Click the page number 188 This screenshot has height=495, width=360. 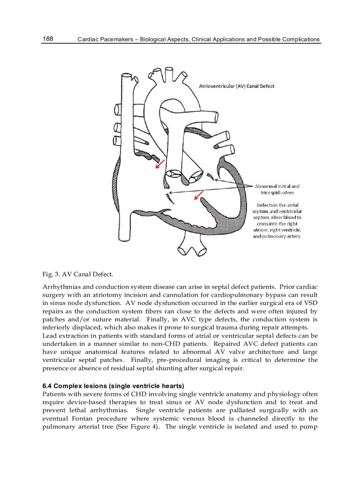[48, 39]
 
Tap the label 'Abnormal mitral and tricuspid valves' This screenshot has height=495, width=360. [277, 189]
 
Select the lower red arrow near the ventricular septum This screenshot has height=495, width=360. [199, 195]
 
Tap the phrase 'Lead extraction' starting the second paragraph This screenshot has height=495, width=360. [64, 335]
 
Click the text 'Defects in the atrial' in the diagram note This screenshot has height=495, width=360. [277, 205]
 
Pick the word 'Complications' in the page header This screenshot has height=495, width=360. [300, 39]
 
